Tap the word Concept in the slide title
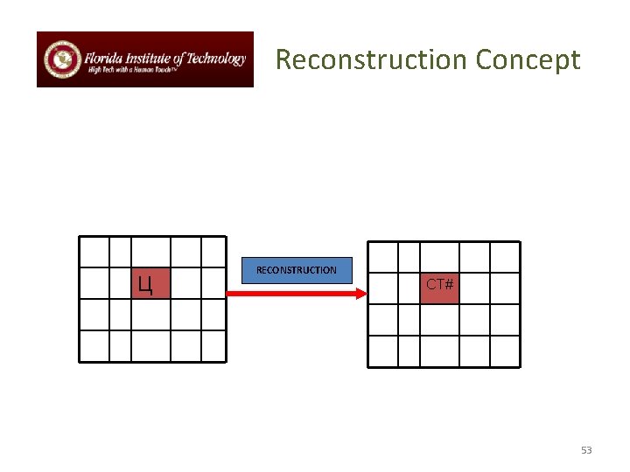pyautogui.click(x=528, y=59)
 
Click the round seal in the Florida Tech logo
pyautogui.click(x=61, y=59)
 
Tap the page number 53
pyautogui.click(x=586, y=450)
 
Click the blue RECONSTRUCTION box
pyautogui.click(x=297, y=271)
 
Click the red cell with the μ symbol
pyautogui.click(x=150, y=283)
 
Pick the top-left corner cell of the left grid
pyautogui.click(x=94, y=252)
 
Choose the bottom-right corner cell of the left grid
pyautogui.click(x=213, y=345)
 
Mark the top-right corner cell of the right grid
pyautogui.click(x=504, y=257)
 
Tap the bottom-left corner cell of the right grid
pyautogui.click(x=382, y=351)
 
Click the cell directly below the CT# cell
pyautogui.click(x=439, y=319)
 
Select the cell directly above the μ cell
pyautogui.click(x=150, y=252)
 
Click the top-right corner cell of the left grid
pyautogui.click(x=213, y=252)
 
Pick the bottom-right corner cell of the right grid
pyautogui.click(x=504, y=351)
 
